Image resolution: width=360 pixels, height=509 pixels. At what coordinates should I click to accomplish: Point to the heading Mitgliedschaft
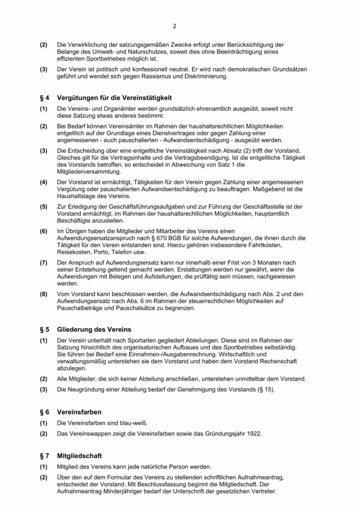click(x=81, y=455)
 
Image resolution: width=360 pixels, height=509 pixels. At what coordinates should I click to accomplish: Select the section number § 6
click(x=44, y=412)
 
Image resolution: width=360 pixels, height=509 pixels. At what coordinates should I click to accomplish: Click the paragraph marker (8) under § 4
click(x=44, y=295)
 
